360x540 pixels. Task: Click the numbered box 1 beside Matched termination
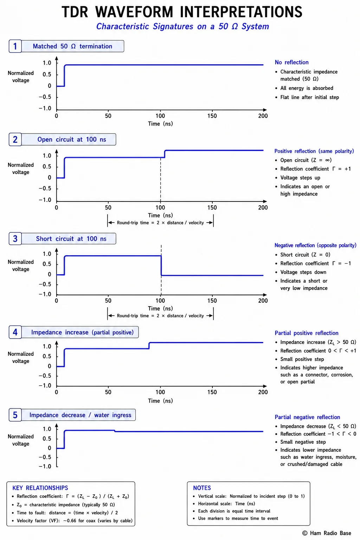click(15, 46)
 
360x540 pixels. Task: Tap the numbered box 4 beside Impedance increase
click(15, 332)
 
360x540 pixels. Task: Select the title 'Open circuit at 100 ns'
click(72, 139)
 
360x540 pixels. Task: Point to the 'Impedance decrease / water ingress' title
click(80, 415)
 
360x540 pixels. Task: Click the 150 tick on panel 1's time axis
click(212, 116)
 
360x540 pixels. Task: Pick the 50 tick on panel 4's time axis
click(108, 392)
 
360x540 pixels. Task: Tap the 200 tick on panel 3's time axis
click(263, 301)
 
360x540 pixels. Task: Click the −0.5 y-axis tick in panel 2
click(45, 188)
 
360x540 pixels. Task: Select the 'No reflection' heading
click(291, 62)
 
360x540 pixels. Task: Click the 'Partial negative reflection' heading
click(307, 417)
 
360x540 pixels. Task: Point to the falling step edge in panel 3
click(161, 265)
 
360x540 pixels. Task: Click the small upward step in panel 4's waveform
click(149, 346)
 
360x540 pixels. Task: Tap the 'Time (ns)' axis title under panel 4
click(160, 401)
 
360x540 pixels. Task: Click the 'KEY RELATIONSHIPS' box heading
click(40, 488)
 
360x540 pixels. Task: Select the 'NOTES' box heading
click(202, 488)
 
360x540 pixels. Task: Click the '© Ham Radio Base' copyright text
click(327, 533)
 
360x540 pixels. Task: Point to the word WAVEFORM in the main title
click(134, 12)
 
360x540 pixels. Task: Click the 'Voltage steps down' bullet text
click(303, 272)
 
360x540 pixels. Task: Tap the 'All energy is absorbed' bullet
click(307, 88)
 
